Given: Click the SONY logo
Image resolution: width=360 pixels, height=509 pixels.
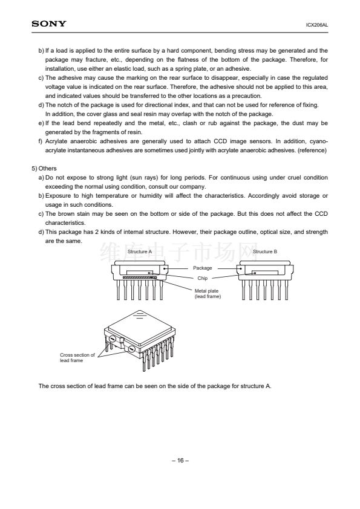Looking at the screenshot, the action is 49,24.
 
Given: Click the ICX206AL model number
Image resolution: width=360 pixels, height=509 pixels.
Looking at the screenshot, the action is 317,25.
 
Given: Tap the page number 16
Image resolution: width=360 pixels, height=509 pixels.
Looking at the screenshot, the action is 180,460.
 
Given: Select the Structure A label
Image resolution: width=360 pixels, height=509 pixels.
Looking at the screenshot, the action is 140,251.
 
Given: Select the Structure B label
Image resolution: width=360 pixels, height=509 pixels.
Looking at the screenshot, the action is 265,251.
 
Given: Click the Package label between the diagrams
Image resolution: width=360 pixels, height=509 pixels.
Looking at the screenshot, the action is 203,268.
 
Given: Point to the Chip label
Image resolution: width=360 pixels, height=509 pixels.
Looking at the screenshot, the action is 203,278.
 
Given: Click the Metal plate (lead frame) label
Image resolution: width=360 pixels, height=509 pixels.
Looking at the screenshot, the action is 208,294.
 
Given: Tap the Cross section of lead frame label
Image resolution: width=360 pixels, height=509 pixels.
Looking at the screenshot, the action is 77,358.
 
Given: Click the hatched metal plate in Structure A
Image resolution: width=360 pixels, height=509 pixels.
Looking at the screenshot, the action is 140,277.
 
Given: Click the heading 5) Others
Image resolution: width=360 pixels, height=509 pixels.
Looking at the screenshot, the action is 44,169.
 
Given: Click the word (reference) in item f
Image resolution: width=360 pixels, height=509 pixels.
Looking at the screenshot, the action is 312,151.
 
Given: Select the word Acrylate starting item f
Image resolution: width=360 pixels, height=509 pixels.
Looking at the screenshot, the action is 56,141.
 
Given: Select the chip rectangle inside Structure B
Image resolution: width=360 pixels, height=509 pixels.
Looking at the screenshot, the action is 265,271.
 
